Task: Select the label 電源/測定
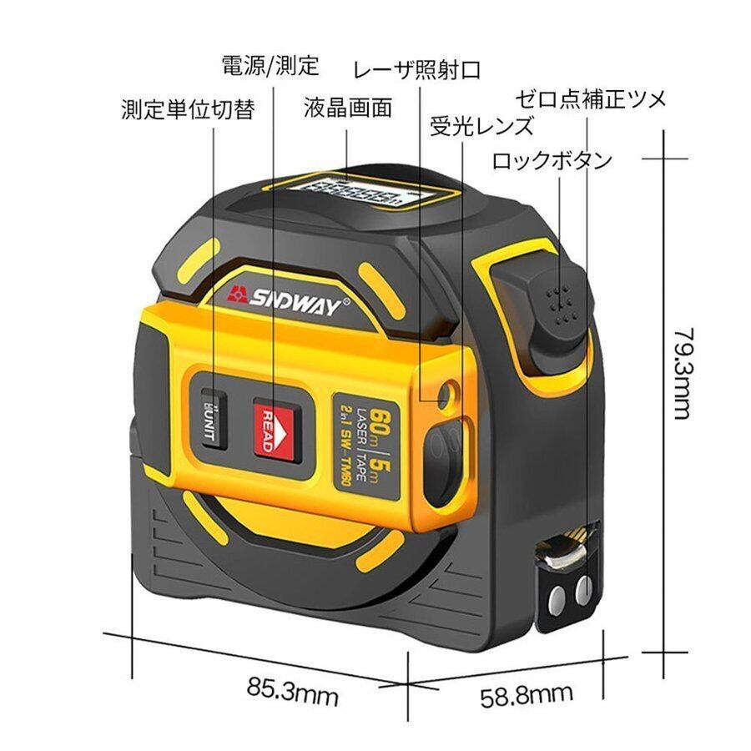coord(270,64)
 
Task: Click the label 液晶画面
coord(347,108)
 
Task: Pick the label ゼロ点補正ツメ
coord(590,99)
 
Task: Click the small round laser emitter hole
coord(449,390)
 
